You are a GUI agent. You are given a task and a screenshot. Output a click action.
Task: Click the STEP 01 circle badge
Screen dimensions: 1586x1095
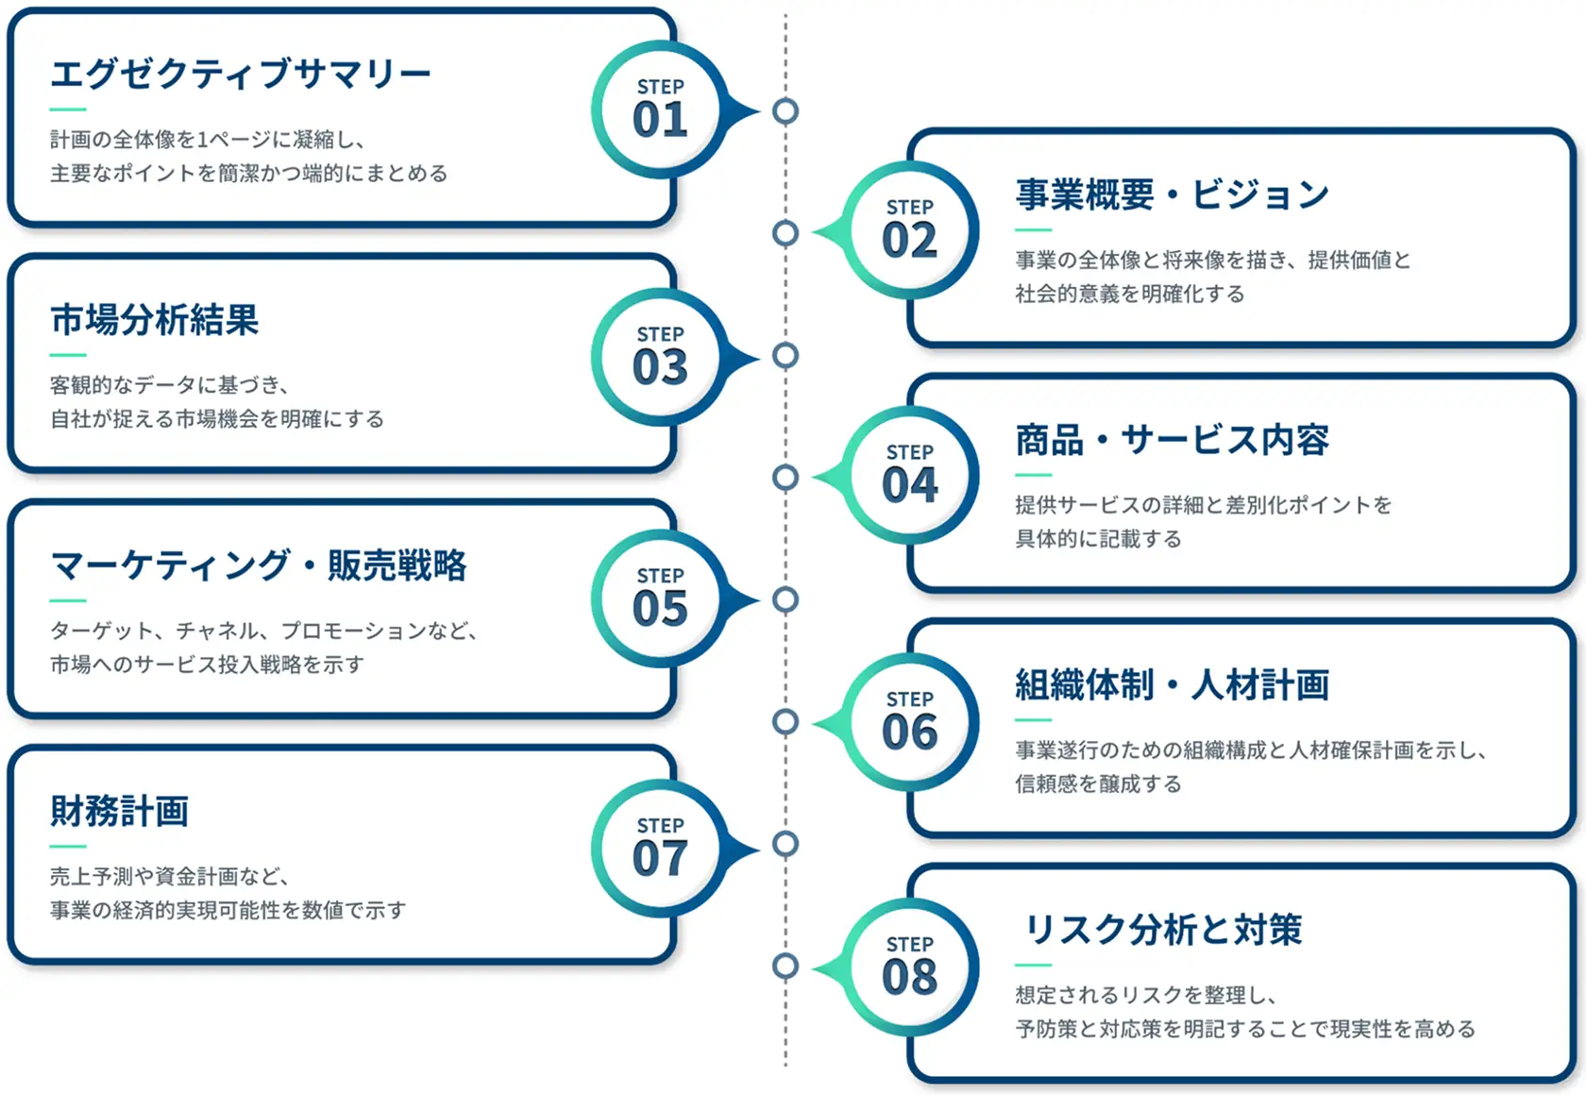pos(660,109)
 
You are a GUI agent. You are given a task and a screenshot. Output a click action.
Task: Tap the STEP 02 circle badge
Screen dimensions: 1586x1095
pos(910,230)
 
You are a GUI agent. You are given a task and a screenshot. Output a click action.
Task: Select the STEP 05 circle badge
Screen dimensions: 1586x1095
pos(660,598)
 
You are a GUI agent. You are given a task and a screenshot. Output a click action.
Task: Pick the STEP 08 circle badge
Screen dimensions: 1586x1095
pos(910,967)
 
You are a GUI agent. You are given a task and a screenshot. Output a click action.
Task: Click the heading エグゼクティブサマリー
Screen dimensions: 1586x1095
pos(241,74)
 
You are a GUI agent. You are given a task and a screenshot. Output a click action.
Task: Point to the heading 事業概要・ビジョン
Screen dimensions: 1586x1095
pos(1173,194)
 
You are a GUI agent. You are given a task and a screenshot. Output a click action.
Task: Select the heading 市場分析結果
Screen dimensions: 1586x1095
pos(155,319)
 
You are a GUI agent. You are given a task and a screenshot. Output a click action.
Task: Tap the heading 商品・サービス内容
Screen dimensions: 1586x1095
pos(1173,440)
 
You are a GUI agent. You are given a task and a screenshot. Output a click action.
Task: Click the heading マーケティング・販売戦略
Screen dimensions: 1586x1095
pos(259,564)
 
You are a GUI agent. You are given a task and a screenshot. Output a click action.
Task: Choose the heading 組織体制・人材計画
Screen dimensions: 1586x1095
pos(1173,684)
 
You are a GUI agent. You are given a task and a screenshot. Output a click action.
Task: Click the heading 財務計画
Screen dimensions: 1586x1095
pos(120,811)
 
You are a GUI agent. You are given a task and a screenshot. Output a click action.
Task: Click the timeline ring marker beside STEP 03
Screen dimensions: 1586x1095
pos(785,355)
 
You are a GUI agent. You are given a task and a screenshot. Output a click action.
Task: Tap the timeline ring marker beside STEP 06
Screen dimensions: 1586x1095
pos(785,722)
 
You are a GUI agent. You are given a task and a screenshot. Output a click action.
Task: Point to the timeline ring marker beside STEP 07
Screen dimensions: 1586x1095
pos(785,844)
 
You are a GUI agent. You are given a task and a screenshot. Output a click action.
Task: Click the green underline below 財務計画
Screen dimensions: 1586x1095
pos(68,846)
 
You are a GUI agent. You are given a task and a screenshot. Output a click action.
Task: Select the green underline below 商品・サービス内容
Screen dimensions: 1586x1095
pos(1033,475)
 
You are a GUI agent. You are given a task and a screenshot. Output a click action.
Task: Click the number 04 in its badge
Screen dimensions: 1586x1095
pos(910,485)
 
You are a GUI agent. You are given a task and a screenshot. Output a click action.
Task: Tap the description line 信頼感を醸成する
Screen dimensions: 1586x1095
pos(1098,783)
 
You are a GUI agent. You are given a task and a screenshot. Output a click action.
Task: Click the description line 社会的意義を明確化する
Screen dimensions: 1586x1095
pos(1130,293)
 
